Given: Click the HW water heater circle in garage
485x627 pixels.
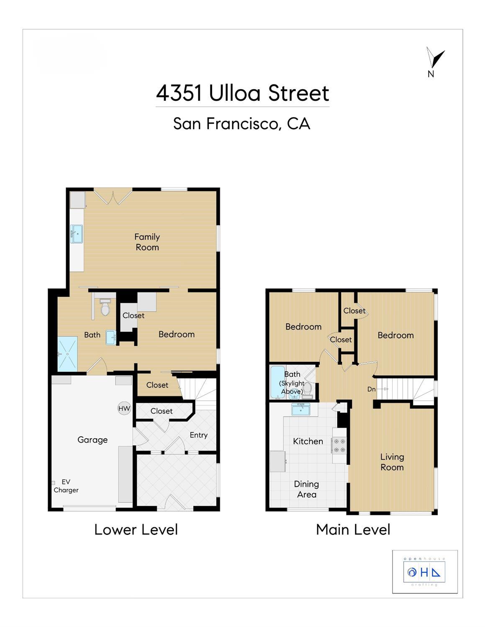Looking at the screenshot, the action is click(124, 408).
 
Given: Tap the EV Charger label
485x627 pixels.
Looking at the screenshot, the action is click(66, 486).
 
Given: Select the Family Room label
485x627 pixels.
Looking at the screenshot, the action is click(147, 242).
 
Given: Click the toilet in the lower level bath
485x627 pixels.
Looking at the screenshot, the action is click(105, 307).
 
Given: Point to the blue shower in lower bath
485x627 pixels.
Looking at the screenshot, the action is click(67, 354).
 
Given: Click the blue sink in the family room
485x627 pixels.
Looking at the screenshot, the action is click(77, 234).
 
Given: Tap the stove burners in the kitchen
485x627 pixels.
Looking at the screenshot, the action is click(339, 445).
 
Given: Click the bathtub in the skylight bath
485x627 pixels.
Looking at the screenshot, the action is click(277, 382).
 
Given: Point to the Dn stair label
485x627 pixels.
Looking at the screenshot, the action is click(371, 389).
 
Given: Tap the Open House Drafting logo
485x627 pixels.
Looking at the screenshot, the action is click(424, 573).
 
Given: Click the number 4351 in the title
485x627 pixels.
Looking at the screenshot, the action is click(179, 93).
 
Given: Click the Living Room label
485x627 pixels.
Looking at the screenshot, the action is click(392, 462).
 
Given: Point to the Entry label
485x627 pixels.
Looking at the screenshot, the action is click(199, 435).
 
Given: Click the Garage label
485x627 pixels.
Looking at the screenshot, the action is click(92, 440).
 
